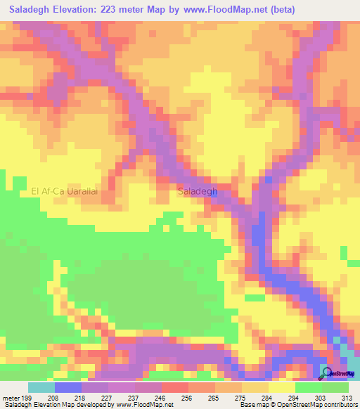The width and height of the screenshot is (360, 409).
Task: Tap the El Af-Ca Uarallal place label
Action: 64,190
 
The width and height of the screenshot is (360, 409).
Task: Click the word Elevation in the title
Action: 80,9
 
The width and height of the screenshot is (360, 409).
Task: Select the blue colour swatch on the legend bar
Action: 67,387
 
